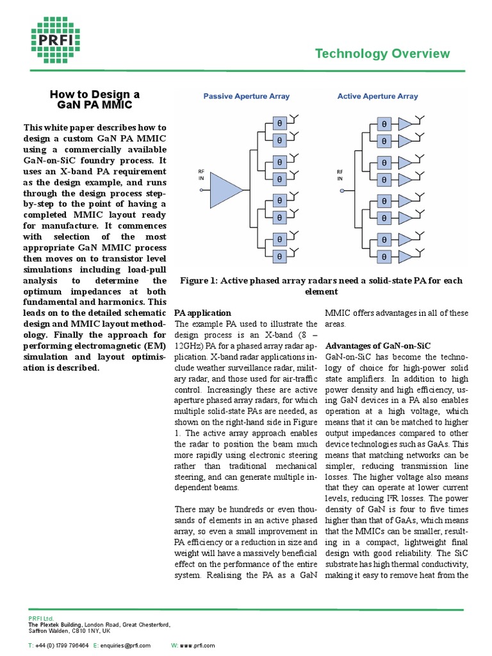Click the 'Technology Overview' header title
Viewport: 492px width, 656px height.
click(382, 54)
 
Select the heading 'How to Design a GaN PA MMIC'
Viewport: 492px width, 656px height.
click(94, 99)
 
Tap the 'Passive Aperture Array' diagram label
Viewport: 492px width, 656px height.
click(246, 97)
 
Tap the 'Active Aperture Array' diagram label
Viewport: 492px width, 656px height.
click(377, 97)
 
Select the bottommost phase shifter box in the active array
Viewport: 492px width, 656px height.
click(384, 256)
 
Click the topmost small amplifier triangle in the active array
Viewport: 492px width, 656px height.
click(407, 123)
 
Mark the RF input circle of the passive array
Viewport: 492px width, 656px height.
click(200, 190)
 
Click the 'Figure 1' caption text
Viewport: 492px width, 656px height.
click(321, 286)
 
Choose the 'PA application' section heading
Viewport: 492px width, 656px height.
click(202, 313)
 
